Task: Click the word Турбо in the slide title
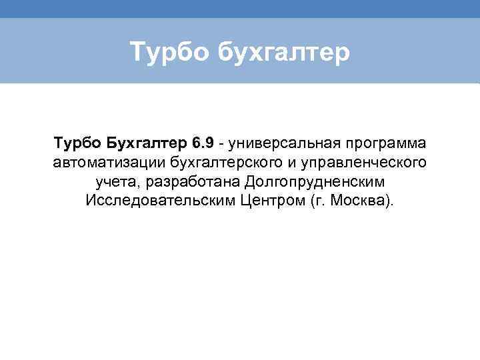(169, 52)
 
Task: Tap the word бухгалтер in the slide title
(283, 52)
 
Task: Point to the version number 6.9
(203, 143)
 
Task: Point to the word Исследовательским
(159, 201)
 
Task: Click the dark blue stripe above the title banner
(240, 9)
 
